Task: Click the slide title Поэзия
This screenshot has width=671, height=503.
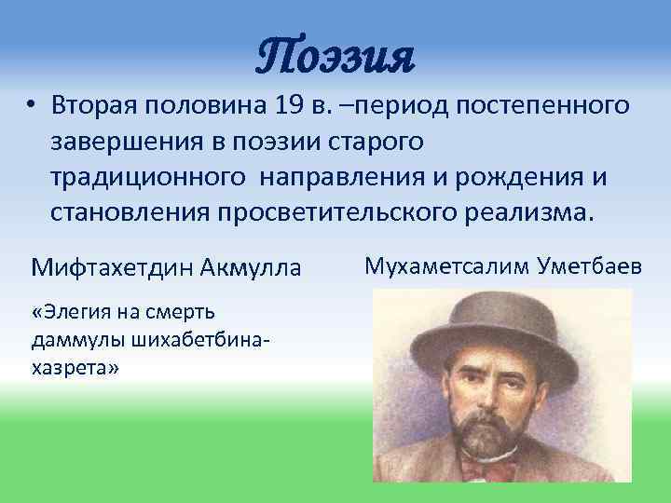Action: coord(335,57)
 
